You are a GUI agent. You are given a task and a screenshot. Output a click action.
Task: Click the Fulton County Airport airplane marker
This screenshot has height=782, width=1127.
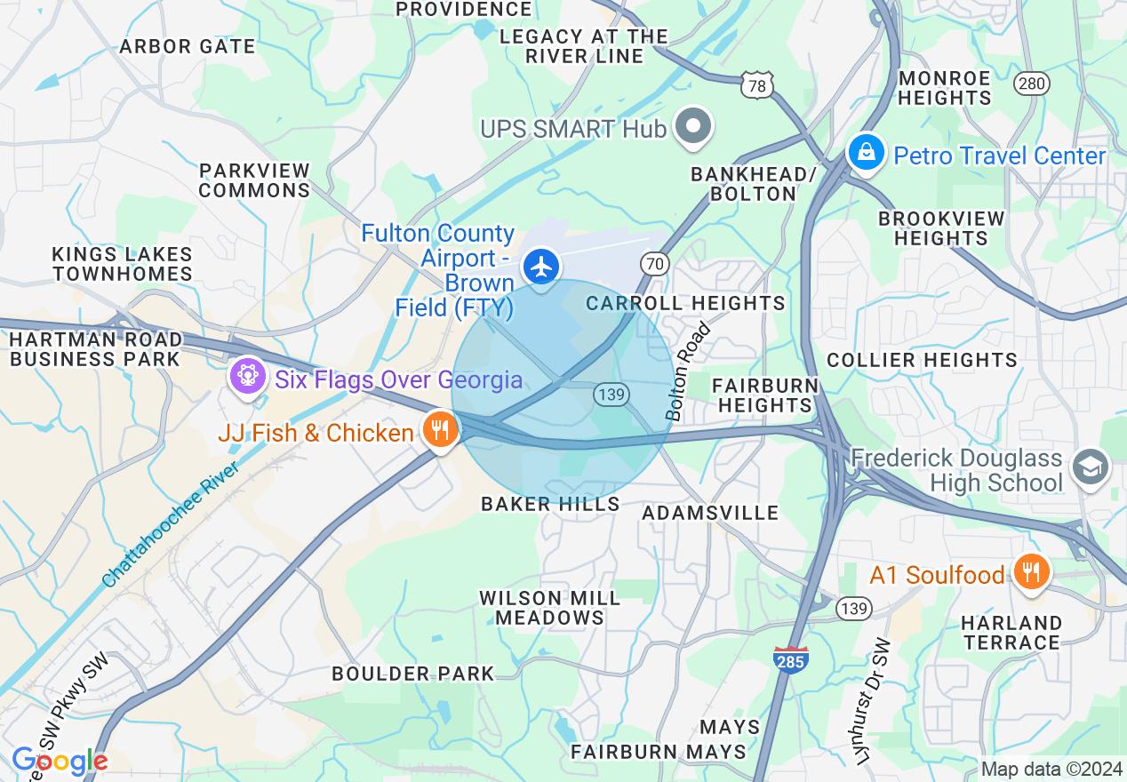(540, 267)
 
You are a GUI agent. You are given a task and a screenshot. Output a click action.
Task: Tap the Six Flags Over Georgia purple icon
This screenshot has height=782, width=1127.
(247, 377)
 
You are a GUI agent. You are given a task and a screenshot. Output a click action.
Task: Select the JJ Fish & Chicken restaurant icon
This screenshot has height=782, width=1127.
(439, 432)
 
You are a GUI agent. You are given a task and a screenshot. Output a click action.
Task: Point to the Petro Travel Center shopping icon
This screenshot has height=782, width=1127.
(865, 153)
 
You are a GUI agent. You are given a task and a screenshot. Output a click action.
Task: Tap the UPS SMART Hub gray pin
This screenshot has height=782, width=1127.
(693, 127)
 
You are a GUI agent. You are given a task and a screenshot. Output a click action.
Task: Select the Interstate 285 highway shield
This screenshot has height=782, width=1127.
(790, 660)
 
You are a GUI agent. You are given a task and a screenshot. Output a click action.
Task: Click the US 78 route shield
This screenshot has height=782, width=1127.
(756, 85)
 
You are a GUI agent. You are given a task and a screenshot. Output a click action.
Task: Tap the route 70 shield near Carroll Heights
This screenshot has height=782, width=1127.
(654, 264)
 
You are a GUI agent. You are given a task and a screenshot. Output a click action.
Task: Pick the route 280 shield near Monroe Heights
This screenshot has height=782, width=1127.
(1032, 84)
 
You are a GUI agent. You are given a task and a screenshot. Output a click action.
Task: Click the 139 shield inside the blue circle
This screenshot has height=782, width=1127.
(612, 395)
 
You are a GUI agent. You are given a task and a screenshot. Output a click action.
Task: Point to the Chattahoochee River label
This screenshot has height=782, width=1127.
(172, 524)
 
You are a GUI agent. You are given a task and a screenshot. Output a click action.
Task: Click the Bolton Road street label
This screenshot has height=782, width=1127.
(689, 371)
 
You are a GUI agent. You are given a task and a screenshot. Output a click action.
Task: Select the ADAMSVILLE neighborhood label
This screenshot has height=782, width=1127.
(710, 513)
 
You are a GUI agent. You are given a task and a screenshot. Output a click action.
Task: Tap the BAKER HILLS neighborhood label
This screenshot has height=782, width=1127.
(550, 504)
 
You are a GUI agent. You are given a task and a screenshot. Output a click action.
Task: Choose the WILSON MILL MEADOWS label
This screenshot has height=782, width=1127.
(550, 608)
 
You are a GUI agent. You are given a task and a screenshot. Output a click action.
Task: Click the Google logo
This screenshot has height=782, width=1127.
(59, 762)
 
